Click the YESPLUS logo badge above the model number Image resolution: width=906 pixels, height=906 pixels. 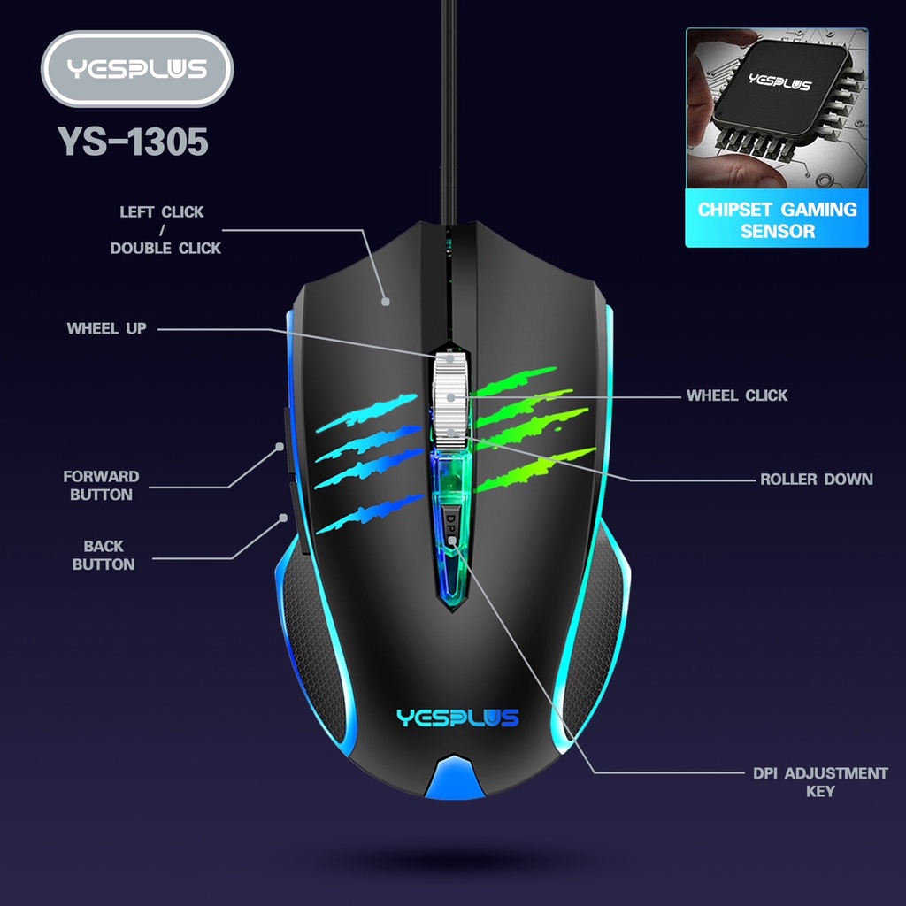tap(136, 69)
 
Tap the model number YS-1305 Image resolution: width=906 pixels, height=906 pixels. tap(133, 142)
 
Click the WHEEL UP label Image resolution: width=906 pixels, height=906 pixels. tap(106, 328)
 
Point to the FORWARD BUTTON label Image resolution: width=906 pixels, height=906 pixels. tap(101, 486)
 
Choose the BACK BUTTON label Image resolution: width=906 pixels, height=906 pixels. tap(104, 556)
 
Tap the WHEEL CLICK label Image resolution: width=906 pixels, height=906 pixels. tap(736, 395)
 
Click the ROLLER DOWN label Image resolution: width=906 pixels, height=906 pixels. tap(816, 480)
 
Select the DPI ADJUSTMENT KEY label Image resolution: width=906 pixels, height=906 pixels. tap(820, 782)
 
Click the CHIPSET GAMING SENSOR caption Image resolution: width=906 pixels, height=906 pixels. tap(777, 220)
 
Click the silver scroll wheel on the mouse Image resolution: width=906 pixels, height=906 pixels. tap(450, 398)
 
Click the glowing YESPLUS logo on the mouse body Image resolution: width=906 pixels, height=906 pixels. tap(457, 718)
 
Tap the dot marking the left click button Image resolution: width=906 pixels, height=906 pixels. tap(386, 302)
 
